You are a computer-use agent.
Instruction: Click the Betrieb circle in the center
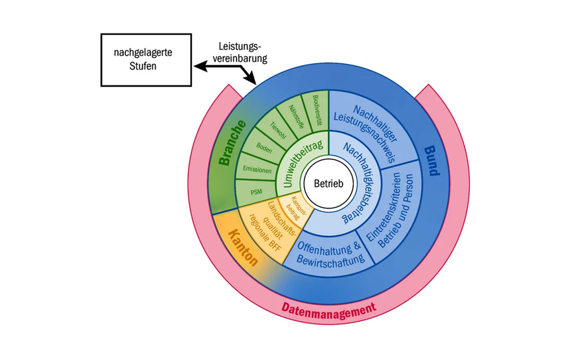pyautogui.click(x=328, y=184)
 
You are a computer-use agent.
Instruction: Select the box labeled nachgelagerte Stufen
pyautogui.click(x=146, y=59)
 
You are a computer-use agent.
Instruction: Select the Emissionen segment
pyautogui.click(x=257, y=170)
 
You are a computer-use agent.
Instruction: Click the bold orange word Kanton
pyautogui.click(x=243, y=247)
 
